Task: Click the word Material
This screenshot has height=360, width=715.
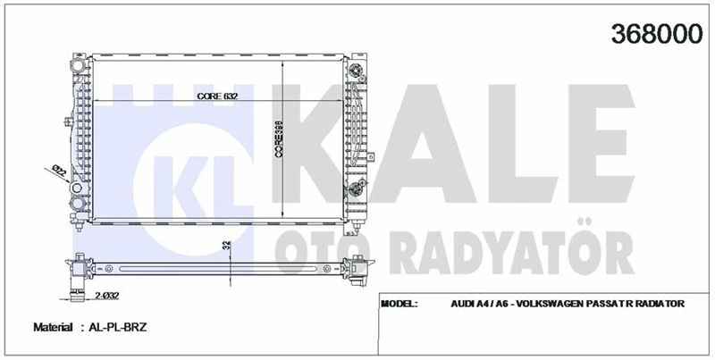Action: point(53,329)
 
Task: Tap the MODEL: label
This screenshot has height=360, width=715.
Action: point(400,304)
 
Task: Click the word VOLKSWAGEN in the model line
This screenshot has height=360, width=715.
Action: point(547,304)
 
